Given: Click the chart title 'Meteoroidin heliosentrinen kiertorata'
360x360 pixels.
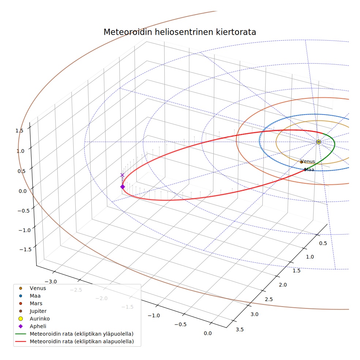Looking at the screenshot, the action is coord(180,32).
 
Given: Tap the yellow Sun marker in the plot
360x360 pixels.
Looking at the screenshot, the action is coord(318,142).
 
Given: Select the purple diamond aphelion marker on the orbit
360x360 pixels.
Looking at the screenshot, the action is coord(123,187).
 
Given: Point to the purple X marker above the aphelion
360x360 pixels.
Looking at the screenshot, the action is coord(122,175).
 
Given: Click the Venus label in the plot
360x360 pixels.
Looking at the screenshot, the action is coord(308,161).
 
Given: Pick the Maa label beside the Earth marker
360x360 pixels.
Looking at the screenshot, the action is coord(309,170).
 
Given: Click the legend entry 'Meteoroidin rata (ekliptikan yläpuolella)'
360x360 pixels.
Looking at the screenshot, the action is coord(74,334).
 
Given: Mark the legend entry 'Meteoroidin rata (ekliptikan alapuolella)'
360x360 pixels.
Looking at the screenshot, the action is coord(74,341).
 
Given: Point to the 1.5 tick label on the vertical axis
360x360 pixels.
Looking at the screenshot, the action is coord(19,131).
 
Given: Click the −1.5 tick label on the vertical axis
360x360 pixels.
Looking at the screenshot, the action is coord(26,250).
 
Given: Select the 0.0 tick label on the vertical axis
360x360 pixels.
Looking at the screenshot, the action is coord(23,191).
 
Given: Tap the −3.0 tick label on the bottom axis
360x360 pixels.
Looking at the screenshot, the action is coord(51,281).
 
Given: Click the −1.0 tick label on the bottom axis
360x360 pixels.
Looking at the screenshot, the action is coord(154,315).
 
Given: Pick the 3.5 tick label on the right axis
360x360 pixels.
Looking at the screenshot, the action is coord(240,330).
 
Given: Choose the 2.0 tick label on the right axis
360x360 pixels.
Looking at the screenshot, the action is coord(283,285).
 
